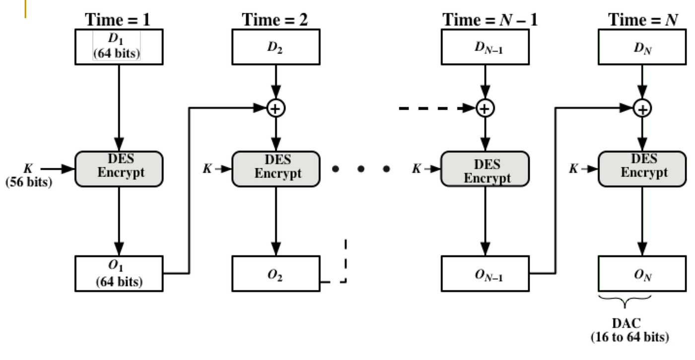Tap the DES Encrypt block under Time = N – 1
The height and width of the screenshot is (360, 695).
pos(485,169)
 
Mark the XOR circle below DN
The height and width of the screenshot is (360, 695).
pos(642,108)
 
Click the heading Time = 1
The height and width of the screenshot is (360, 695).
pos(118,20)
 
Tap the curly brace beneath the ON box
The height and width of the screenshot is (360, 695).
pos(625,302)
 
